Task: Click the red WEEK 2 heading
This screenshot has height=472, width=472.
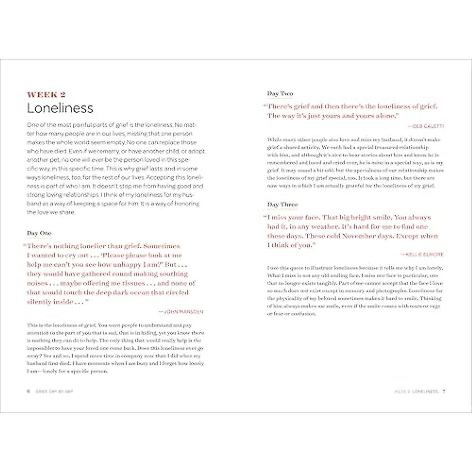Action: coord(46,94)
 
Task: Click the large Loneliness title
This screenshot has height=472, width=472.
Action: coord(60,108)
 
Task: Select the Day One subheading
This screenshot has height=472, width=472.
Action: coord(39,233)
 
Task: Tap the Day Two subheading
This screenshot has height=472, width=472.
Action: coord(280,94)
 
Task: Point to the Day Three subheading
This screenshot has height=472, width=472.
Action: coord(282,205)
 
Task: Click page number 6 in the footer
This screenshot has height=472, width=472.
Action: coord(28,391)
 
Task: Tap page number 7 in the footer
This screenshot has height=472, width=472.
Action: coord(443,391)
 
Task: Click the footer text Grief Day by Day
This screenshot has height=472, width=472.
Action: coord(54,391)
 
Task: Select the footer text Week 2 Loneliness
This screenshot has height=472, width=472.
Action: coord(416,391)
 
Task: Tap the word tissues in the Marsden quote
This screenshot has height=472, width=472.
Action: coord(133,283)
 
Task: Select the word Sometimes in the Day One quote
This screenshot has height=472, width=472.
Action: coord(161,246)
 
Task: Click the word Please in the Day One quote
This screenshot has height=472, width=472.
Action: coord(114,255)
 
